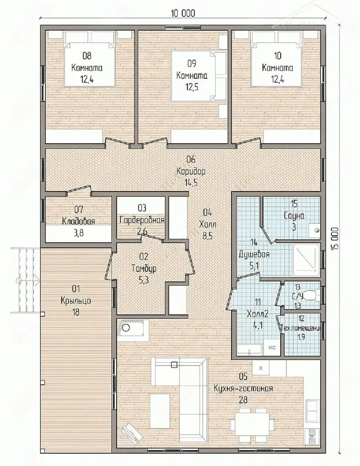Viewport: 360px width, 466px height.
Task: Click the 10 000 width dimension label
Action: point(183,13)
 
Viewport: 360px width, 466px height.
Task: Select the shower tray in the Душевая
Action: point(306,260)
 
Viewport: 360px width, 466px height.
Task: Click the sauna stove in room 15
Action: point(314,230)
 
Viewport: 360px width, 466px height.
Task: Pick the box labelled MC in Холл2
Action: point(272,348)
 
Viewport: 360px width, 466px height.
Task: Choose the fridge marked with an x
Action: point(261,368)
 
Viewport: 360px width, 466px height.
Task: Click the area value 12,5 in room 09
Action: point(192,87)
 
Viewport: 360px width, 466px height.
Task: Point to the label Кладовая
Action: point(79,221)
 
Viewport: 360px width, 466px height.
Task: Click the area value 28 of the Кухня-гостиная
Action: point(243,399)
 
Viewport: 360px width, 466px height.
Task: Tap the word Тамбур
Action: point(144,268)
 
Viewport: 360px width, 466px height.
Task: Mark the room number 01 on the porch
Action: point(76,289)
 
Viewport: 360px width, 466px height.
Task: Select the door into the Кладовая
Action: point(79,190)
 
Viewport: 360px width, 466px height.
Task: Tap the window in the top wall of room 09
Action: point(183,27)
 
